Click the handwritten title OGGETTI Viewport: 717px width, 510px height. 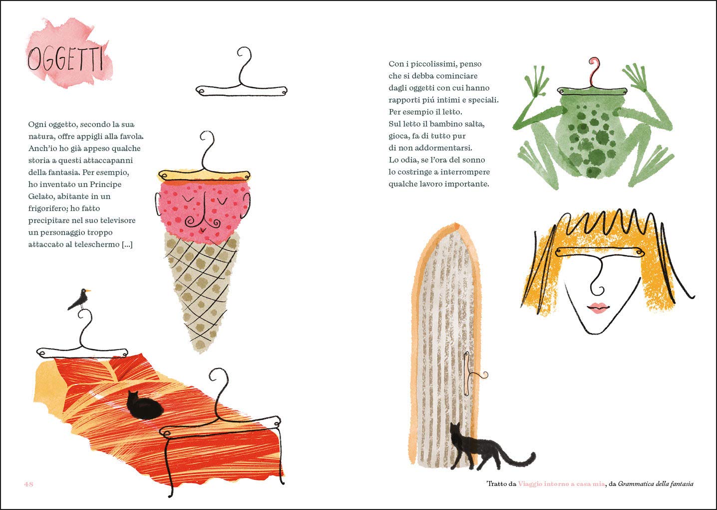[65, 59]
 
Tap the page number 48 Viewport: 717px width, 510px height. [28, 484]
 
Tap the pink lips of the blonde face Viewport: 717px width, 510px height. [598, 307]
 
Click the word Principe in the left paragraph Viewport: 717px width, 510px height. [105, 184]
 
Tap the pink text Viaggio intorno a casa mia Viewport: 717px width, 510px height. [561, 484]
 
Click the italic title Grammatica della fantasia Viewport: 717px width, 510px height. [656, 484]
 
